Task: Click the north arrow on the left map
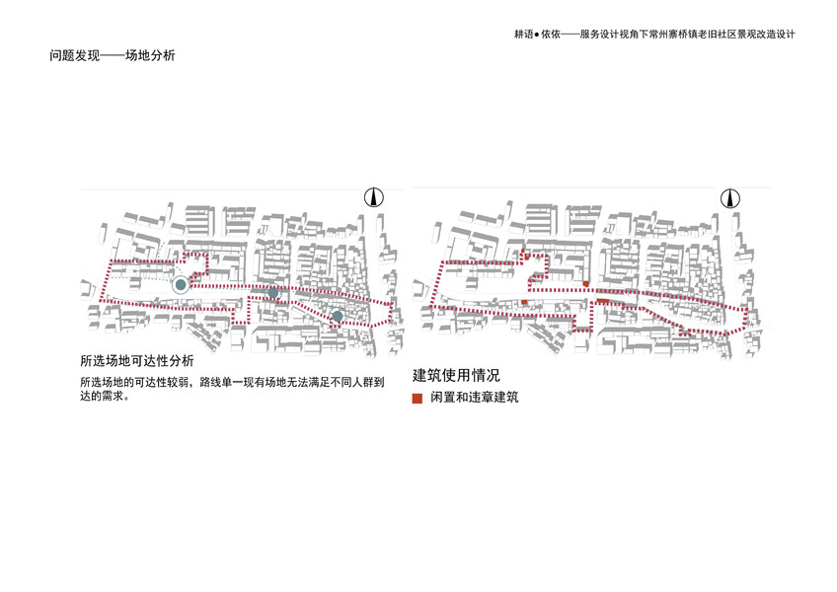coord(374,197)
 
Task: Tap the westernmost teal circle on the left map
coord(180,285)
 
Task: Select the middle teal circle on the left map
coord(274,293)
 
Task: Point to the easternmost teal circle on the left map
coord(338,316)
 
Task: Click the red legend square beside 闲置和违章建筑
coord(418,398)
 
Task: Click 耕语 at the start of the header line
coord(524,34)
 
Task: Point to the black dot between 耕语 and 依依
coord(538,34)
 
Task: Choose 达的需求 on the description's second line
coord(105,396)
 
